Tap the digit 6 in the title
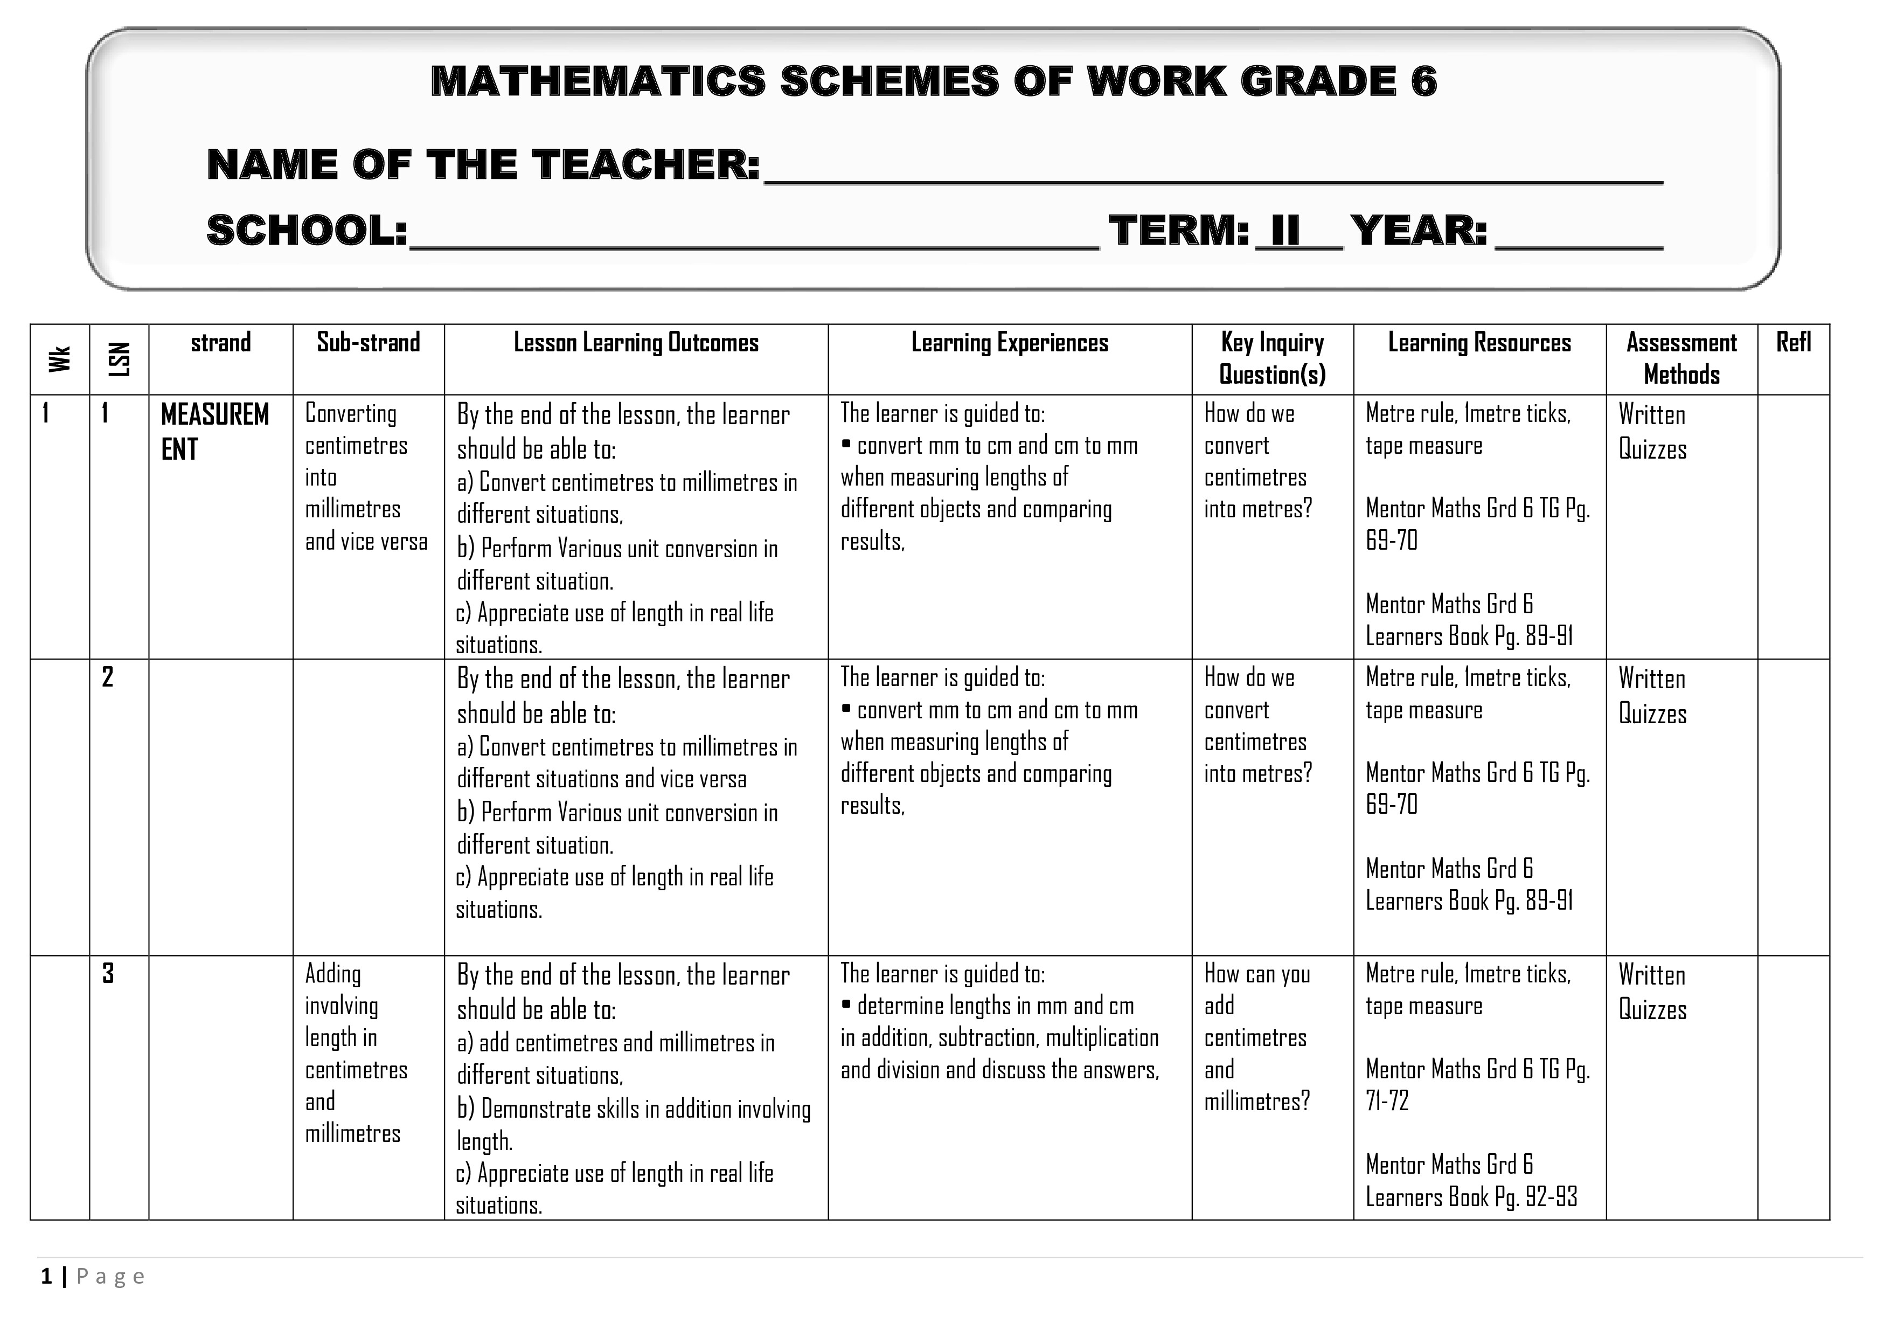[x=1422, y=81]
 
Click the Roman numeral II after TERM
[x=1286, y=231]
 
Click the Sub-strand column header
[x=368, y=343]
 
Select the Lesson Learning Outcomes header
[x=636, y=343]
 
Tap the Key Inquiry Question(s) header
[x=1272, y=358]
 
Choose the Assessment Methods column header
[x=1681, y=358]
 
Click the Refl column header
[x=1793, y=343]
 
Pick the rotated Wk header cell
[x=59, y=359]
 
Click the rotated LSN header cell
[x=120, y=359]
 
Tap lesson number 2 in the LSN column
[x=107, y=677]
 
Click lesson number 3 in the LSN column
[x=107, y=974]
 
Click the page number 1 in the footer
[x=47, y=1277]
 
